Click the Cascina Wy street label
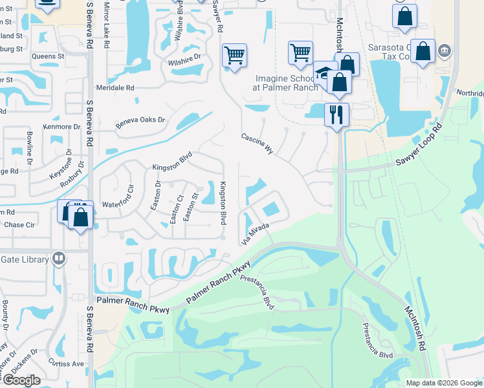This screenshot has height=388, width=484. (x=258, y=144)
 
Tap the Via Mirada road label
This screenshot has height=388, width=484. (x=255, y=233)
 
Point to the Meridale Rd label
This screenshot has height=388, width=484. (x=115, y=87)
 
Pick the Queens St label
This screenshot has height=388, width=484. (x=48, y=56)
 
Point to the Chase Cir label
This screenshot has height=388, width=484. (x=19, y=225)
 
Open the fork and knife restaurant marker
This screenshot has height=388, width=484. (x=336, y=115)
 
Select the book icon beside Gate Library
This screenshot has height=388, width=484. (x=59, y=259)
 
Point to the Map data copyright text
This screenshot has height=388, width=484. (x=444, y=383)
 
